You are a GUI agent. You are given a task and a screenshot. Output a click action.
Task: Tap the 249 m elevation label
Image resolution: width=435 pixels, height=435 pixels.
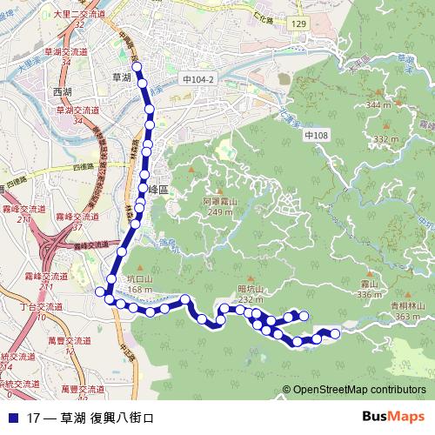[219, 211]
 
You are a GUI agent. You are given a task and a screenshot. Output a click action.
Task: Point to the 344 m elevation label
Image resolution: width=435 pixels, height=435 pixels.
[378, 104]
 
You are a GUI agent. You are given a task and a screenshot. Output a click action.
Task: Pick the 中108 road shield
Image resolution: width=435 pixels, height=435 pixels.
[316, 136]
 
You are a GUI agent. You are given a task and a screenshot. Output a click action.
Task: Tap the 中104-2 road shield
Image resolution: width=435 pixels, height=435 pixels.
[198, 78]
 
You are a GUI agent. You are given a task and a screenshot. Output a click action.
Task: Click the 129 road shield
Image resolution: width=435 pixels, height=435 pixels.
[298, 23]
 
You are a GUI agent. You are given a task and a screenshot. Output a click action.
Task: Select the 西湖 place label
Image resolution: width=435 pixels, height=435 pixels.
[63, 92]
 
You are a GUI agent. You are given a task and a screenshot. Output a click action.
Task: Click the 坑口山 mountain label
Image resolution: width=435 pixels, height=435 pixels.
[139, 280]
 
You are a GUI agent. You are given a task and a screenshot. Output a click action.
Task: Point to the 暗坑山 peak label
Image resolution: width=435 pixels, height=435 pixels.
[226, 290]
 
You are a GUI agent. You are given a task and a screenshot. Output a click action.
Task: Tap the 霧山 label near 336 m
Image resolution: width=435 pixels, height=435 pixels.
[370, 284]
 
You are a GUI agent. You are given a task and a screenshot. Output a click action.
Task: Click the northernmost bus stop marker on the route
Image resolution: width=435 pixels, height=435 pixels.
[136, 66]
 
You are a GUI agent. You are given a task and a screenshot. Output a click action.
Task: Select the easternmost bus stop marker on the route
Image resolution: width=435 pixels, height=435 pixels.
[335, 333]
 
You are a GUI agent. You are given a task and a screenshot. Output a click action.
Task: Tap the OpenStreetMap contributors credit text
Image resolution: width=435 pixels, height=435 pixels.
[358, 390]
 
